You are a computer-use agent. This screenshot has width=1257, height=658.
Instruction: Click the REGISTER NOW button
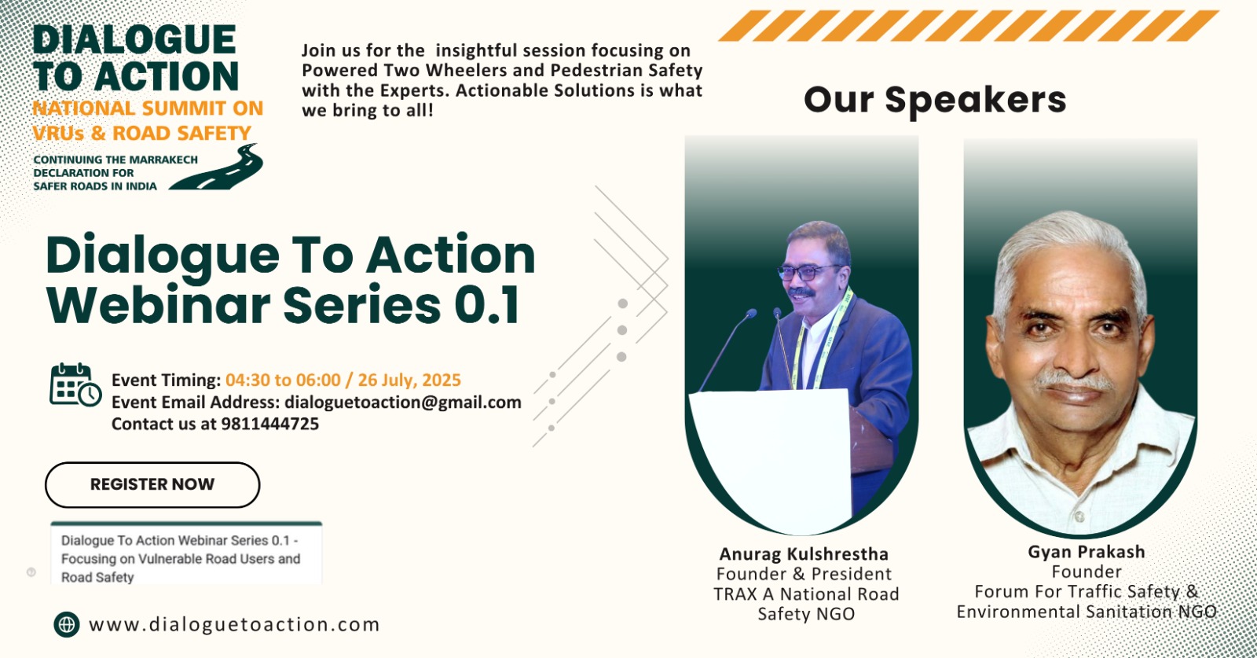(x=152, y=484)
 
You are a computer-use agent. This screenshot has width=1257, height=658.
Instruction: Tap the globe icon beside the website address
(x=67, y=624)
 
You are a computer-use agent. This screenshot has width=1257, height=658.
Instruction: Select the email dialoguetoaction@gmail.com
(x=403, y=403)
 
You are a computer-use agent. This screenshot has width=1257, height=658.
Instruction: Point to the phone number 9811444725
(x=270, y=424)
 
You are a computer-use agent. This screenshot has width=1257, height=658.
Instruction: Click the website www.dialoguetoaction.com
(x=234, y=624)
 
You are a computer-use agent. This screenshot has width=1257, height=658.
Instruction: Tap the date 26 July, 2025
(x=409, y=380)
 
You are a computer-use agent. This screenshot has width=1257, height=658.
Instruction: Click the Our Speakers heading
(x=935, y=101)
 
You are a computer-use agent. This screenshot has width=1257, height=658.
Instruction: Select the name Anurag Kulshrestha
(x=804, y=554)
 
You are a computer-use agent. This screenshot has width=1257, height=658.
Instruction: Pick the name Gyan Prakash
(x=1087, y=553)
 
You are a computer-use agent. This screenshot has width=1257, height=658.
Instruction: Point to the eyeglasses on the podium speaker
(x=808, y=272)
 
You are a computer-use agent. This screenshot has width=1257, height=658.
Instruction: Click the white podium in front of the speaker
(x=770, y=461)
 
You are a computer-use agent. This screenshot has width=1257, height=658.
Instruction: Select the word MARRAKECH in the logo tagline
(x=164, y=160)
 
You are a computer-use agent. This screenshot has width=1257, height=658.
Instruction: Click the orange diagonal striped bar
(x=968, y=26)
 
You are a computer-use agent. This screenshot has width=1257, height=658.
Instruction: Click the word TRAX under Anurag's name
(x=735, y=594)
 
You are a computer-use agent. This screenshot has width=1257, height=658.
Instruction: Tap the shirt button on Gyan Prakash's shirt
(x=1079, y=516)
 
